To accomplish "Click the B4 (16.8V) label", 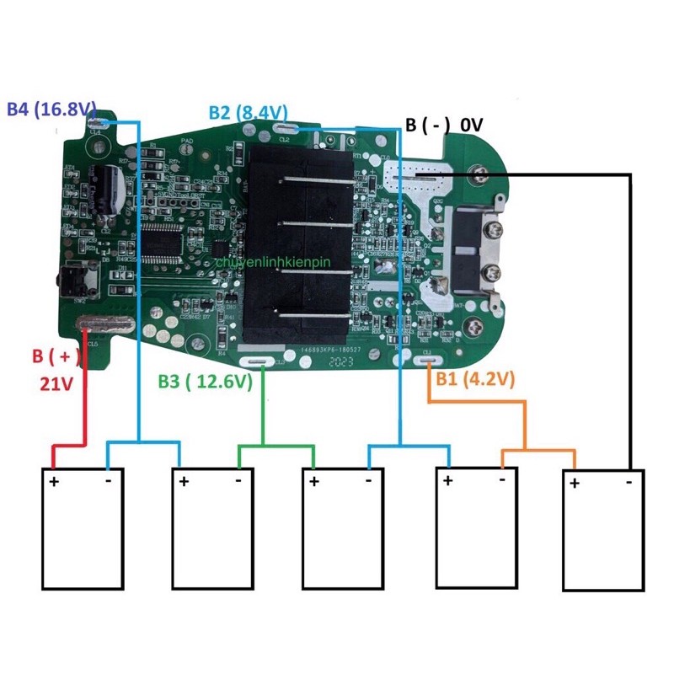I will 52,110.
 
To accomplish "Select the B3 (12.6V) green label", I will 205,381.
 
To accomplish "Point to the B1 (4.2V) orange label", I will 474,379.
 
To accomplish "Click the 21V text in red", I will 57,384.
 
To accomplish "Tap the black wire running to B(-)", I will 628,320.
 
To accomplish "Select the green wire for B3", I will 266,413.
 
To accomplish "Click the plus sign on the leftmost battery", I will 54,482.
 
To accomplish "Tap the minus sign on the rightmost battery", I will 629,482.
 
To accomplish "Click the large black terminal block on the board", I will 299,236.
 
